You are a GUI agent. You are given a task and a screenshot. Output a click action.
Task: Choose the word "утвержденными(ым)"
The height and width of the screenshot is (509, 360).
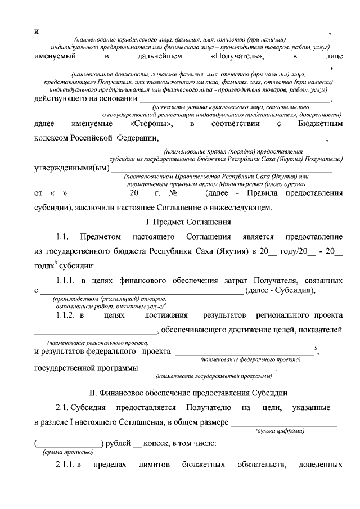click(71, 168)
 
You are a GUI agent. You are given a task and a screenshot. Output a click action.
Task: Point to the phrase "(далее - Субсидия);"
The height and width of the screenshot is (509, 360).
click(281, 290)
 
